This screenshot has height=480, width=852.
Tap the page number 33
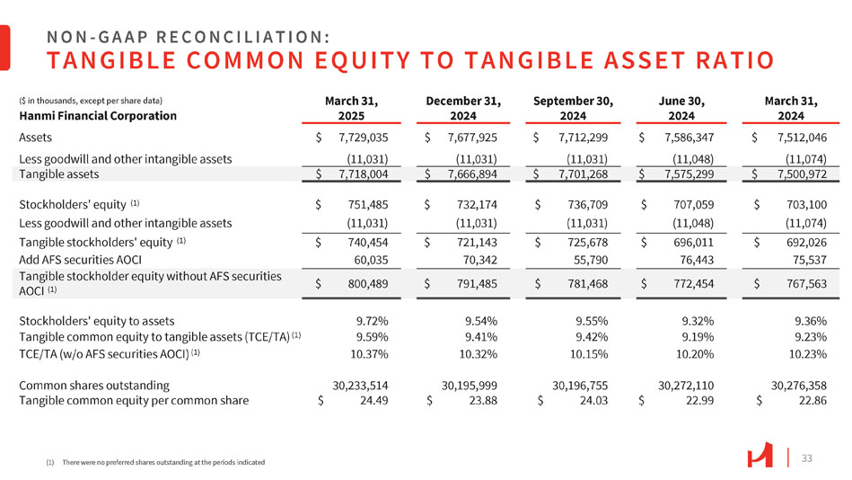(x=806, y=458)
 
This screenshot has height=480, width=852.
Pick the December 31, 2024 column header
(x=463, y=108)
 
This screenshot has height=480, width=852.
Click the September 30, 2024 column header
(x=573, y=108)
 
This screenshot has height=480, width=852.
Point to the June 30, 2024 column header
(x=681, y=108)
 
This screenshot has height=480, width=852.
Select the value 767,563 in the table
(x=803, y=283)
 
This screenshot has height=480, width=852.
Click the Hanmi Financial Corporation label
(x=88, y=115)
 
